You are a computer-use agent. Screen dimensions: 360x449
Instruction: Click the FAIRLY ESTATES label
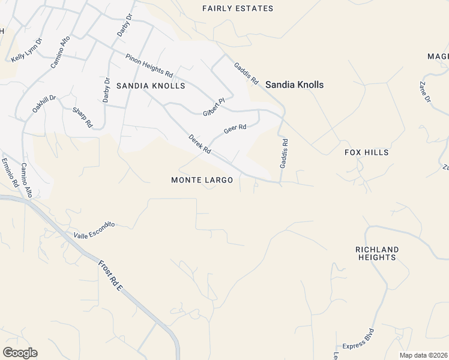coord(238,8)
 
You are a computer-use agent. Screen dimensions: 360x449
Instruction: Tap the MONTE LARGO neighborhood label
coord(202,180)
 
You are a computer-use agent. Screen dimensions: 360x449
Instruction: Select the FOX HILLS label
coord(366,152)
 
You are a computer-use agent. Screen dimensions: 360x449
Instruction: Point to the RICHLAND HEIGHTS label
coord(377,253)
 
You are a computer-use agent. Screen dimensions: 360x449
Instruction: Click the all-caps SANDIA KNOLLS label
coord(151,86)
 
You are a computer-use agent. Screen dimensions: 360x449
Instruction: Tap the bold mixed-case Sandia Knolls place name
coord(294,85)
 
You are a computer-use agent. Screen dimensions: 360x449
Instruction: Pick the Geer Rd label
coord(235,128)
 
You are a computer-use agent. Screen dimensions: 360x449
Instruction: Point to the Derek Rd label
coord(199,144)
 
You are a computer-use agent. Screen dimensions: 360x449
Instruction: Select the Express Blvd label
coord(358,339)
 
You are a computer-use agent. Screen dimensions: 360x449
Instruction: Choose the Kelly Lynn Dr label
coord(27,50)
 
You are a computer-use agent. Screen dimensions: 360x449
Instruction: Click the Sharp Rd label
coord(82,117)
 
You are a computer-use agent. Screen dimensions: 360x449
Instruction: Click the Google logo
coord(20,353)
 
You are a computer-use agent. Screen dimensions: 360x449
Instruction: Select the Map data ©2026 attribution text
coord(424,355)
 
